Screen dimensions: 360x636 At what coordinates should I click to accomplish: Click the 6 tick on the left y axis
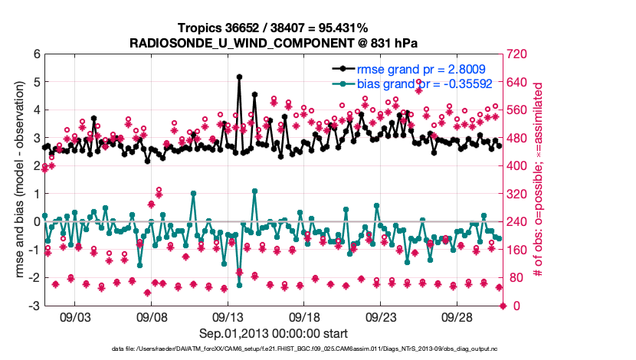click(36, 54)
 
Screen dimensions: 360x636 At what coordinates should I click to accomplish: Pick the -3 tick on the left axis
click(34, 306)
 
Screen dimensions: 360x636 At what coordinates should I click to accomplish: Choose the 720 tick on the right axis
click(520, 54)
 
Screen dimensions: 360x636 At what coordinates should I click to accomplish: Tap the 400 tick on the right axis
click(520, 165)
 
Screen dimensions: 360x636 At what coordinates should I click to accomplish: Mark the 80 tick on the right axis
click(516, 278)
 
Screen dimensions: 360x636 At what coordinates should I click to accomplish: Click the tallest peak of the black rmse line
click(240, 77)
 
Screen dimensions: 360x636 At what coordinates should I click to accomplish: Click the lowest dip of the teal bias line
click(240, 285)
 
